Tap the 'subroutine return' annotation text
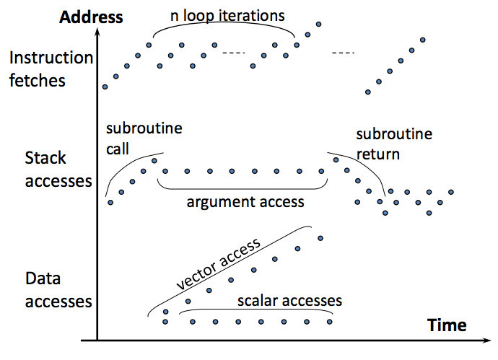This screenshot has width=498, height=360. click(394, 144)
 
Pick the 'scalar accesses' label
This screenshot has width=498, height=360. click(289, 299)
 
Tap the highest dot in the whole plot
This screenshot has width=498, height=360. click(318, 24)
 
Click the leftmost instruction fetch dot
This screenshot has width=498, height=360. click(105, 87)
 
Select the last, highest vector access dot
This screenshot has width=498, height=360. click(320, 238)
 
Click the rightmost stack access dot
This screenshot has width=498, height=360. click(451, 193)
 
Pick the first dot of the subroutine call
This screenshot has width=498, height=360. click(110, 203)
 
